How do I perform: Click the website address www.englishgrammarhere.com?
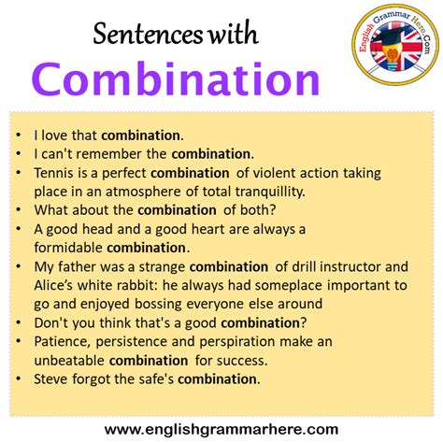(221, 429)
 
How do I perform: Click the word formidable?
(68, 247)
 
